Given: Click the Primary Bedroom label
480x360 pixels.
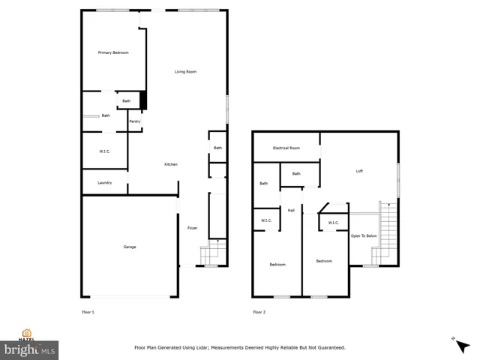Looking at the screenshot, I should click(113, 52).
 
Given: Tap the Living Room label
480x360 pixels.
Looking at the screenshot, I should click(185, 72).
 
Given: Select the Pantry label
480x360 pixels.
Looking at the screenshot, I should click(135, 121).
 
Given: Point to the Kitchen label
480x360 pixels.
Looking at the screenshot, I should click(171, 164).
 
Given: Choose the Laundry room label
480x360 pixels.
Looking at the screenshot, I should click(104, 183).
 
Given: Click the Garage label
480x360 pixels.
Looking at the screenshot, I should click(130, 247).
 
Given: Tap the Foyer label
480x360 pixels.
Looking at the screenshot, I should click(192, 228).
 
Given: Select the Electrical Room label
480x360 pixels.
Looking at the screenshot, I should click(286, 148).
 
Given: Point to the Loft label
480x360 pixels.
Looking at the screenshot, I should click(359, 172).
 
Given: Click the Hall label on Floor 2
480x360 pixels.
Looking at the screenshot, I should click(291, 211).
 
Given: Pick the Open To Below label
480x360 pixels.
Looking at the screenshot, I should click(364, 236).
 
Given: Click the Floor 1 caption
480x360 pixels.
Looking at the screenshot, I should click(88, 312).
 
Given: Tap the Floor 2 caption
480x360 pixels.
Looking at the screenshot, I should click(259, 312).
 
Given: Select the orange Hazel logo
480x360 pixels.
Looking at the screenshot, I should click(27, 334).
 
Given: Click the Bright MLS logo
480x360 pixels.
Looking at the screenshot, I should click(30, 349).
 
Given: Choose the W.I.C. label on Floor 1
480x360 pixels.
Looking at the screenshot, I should click(104, 151).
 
